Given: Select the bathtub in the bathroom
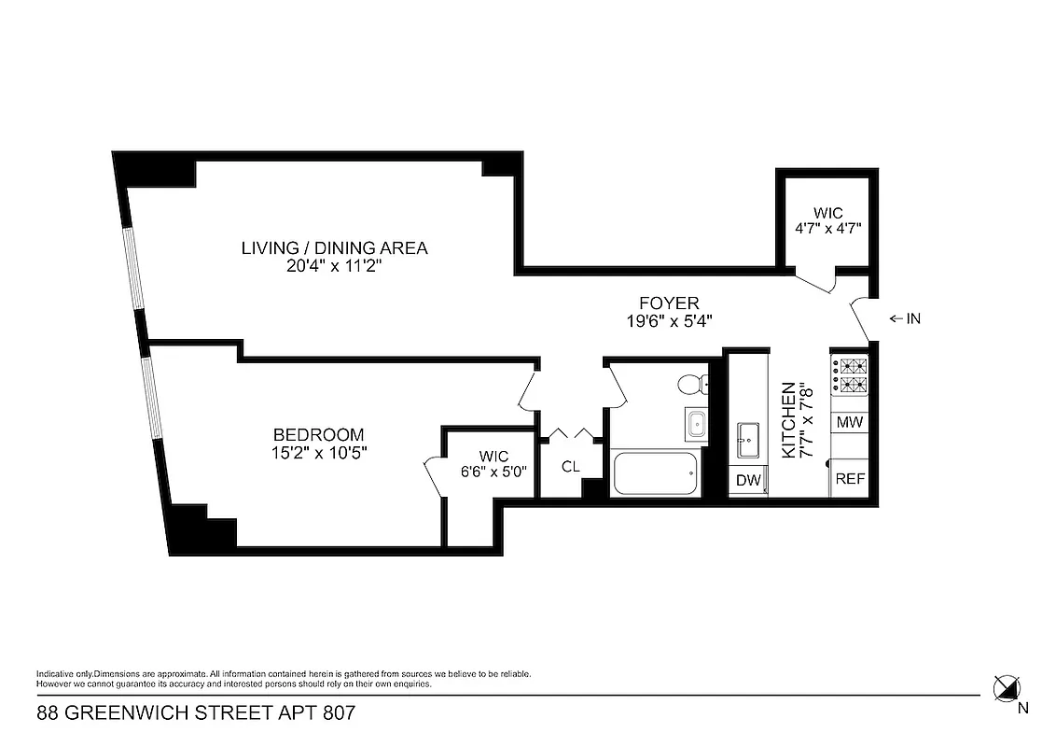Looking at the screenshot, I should tap(655, 474).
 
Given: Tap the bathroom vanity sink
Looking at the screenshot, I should tap(696, 425).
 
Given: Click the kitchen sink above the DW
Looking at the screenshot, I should tap(747, 440).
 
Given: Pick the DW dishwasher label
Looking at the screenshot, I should tap(748, 481).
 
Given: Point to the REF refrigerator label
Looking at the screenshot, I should tap(849, 479).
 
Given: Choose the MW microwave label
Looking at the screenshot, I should tap(849, 422).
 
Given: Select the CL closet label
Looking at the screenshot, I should tap(570, 465).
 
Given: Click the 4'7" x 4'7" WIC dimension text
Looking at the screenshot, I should tap(827, 227).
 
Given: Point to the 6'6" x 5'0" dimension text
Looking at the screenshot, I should tap(493, 471).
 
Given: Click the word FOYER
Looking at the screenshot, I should tap(669, 303).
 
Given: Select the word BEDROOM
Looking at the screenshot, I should tap(318, 435).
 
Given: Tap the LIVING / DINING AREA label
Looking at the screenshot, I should tap(334, 248).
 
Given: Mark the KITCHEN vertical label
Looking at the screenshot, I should tap(788, 419).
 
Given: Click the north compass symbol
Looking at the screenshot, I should tap(1005, 689).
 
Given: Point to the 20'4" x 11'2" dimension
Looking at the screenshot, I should tap(334, 266).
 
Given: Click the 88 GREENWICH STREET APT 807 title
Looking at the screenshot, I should tap(196, 714).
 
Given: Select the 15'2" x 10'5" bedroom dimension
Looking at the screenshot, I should tap(318, 453).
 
